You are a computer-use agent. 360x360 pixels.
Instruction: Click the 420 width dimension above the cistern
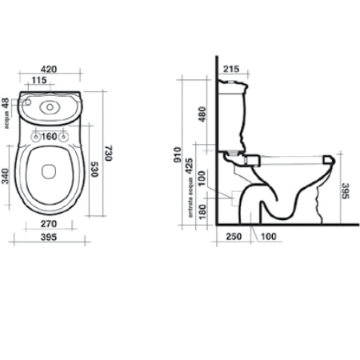(x=50, y=70)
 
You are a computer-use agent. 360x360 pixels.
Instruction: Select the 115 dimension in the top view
(x=38, y=80)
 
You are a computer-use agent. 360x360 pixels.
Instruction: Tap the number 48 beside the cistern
(x=6, y=104)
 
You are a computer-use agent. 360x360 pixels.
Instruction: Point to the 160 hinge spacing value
(x=50, y=136)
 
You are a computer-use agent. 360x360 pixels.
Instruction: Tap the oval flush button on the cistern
(x=50, y=105)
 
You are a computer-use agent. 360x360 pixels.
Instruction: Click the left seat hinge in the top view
(x=35, y=137)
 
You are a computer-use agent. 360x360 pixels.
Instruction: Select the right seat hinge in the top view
(x=65, y=137)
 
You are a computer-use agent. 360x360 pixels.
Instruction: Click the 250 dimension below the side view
(x=233, y=238)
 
